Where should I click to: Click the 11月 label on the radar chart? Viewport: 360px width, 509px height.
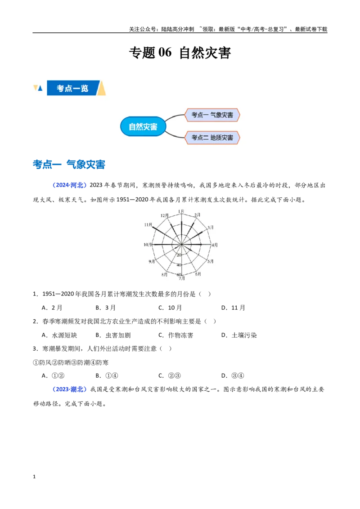point(148,225)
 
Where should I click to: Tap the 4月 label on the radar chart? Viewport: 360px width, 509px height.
point(215,245)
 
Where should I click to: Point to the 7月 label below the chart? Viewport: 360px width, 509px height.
point(181,278)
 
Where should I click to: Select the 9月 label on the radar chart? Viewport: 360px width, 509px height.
point(152,261)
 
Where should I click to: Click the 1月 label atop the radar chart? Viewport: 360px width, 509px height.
point(181,212)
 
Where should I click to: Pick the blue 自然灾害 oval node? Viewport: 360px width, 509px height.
point(143,126)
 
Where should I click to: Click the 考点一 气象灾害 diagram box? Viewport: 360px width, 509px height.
point(212,115)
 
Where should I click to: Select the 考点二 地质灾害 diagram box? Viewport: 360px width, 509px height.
point(212,138)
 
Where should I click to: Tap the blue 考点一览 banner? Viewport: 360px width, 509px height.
point(72,88)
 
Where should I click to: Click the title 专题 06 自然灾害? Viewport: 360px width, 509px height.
point(180,53)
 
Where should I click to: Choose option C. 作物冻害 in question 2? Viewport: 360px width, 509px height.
point(176,335)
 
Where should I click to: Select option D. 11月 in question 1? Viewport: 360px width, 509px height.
point(233,308)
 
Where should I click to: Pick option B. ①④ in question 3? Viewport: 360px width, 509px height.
point(107,375)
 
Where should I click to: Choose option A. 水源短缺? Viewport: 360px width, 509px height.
point(59,335)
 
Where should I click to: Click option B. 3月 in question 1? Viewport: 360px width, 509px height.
point(106,308)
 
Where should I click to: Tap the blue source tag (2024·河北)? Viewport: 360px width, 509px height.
point(70,185)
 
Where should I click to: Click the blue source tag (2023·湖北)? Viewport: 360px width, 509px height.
point(70,389)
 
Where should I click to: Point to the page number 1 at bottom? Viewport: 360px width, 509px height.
point(34,477)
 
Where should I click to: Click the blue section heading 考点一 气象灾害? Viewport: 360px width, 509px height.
point(69,164)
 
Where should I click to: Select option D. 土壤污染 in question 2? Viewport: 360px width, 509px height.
point(239,335)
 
